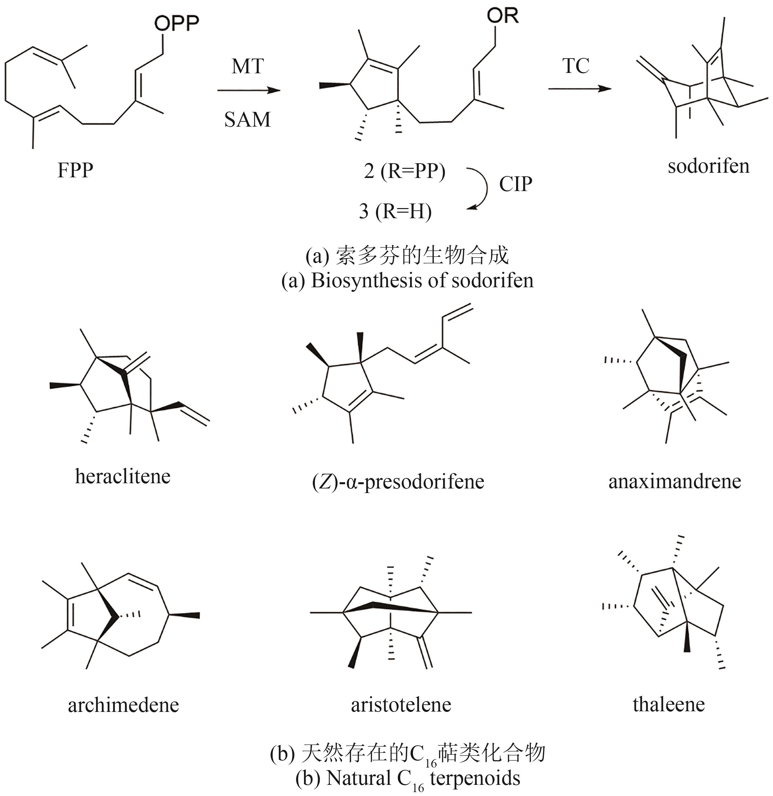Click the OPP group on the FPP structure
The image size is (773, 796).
[x=176, y=24]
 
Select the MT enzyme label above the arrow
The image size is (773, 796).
[x=247, y=66]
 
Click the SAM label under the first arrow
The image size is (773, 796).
[x=247, y=120]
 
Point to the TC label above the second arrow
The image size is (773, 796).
[x=576, y=66]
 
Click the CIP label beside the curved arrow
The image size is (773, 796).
[x=515, y=185]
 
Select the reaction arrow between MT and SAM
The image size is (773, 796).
[x=249, y=90]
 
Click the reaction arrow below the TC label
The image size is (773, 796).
[x=579, y=89]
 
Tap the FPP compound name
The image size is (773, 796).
[x=75, y=170]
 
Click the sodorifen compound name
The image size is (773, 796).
[x=709, y=167]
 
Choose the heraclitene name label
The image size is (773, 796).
[x=123, y=476]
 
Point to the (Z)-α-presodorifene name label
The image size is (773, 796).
[x=398, y=482]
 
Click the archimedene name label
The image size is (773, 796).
[x=123, y=705]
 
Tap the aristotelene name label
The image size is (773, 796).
[x=401, y=705]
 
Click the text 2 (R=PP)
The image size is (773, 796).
[x=404, y=171]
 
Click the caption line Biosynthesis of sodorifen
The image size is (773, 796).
[x=407, y=281]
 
